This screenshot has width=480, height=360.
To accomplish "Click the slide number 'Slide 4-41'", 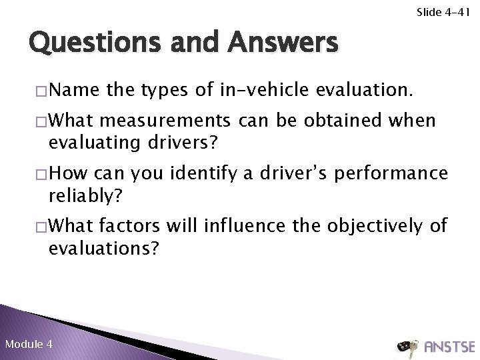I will pos(443,11).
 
